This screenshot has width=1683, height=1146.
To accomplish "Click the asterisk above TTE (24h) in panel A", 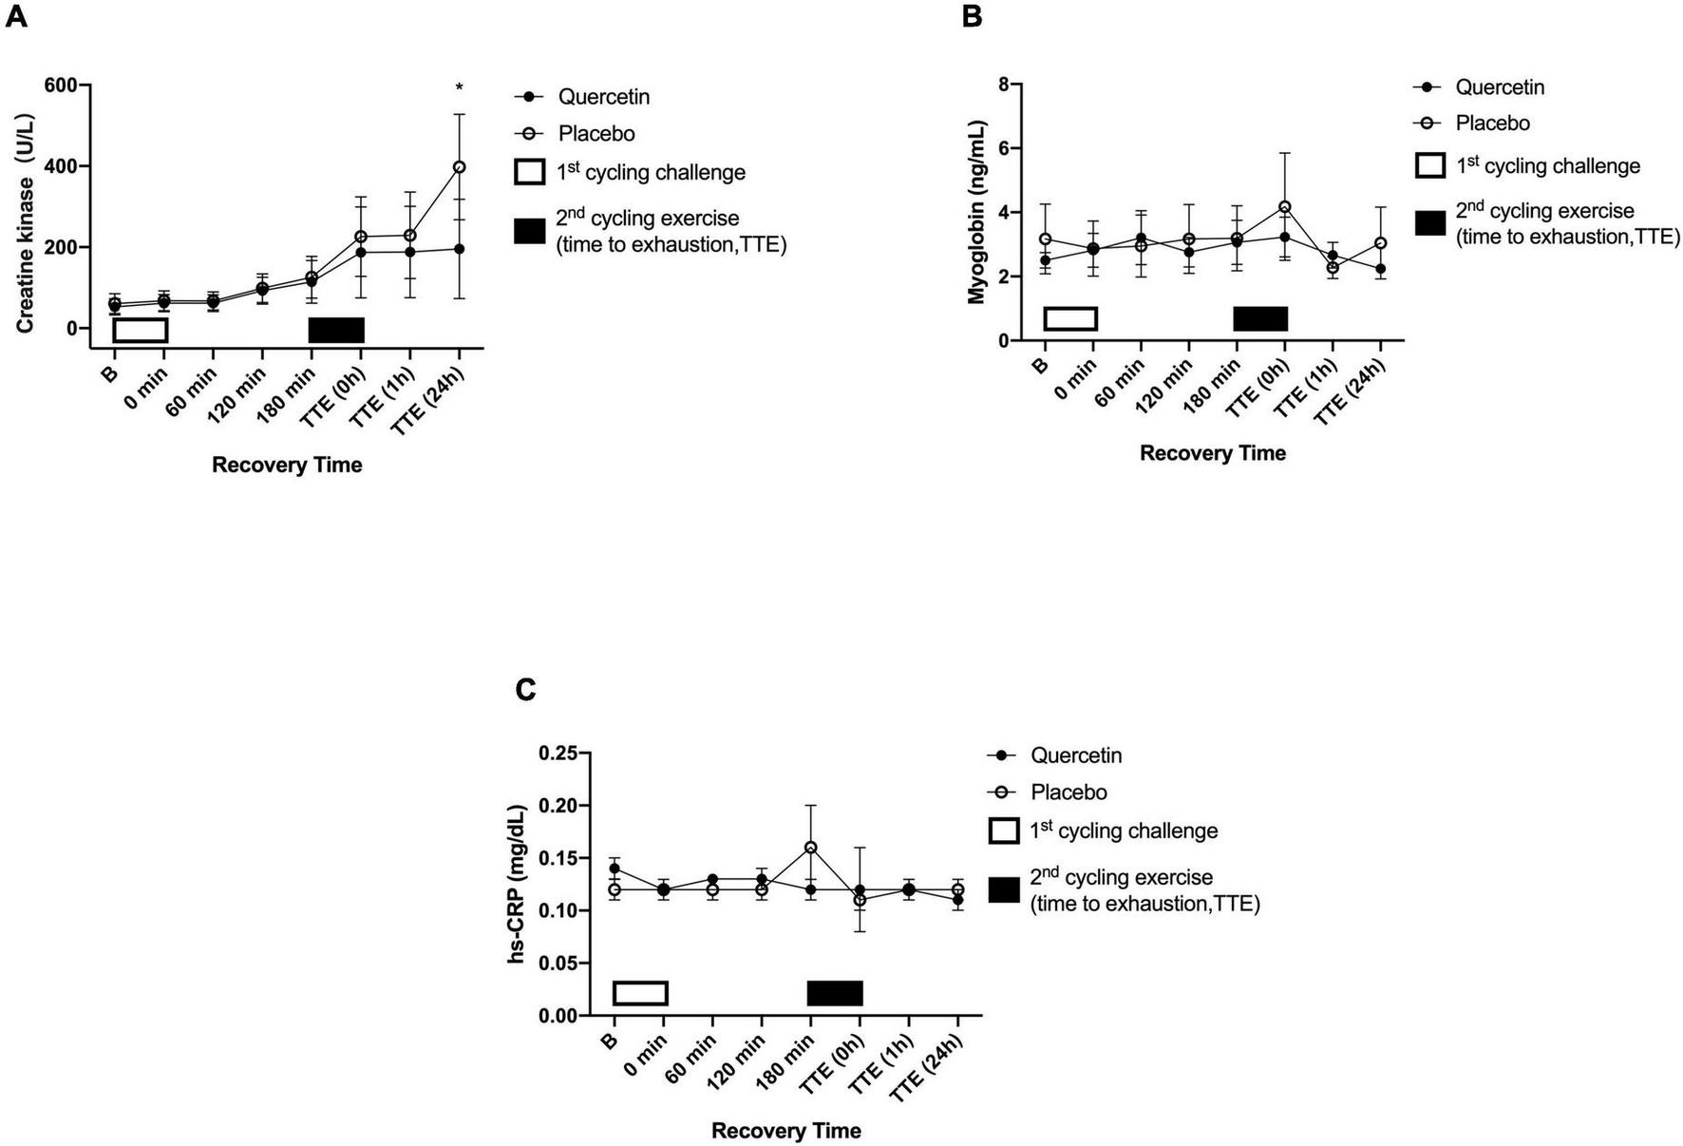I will (x=460, y=88).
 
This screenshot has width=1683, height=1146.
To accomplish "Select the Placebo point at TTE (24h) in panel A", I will (x=460, y=167).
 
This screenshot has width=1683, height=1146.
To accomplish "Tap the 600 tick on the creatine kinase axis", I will (x=62, y=86).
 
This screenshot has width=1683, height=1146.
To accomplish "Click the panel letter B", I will (x=972, y=16).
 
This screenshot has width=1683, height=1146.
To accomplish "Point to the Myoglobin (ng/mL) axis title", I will (x=977, y=212).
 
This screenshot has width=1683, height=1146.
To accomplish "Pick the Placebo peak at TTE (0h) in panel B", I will (x=1285, y=207).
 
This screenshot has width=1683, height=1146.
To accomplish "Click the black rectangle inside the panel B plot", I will (x=1260, y=318).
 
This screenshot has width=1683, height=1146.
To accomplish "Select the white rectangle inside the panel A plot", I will (x=141, y=330).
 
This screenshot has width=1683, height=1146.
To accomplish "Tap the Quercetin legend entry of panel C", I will (x=1075, y=755).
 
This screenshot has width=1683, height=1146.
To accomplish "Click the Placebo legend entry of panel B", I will (x=1492, y=124).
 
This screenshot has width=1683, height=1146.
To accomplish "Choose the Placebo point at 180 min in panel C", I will (x=810, y=847).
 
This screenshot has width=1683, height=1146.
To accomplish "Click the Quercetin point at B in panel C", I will (x=615, y=869).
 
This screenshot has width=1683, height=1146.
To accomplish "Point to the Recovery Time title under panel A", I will (x=287, y=466).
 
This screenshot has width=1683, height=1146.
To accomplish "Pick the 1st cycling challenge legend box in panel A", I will (x=529, y=172).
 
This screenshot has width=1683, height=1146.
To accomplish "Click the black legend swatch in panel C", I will (x=1003, y=890).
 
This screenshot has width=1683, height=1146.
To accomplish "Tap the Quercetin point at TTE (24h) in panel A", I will (x=460, y=249).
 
